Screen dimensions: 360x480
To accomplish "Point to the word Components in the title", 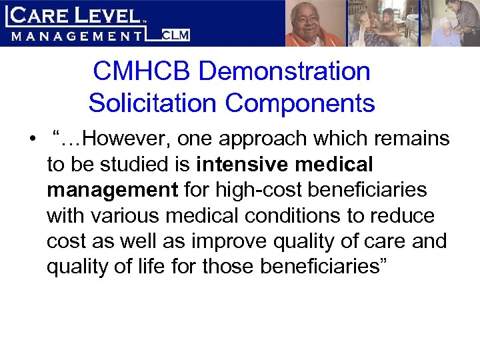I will (x=299, y=103).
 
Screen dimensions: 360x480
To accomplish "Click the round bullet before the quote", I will (x=31, y=140).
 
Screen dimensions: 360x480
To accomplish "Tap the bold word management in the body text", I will (x=112, y=189).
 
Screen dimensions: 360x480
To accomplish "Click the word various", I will (x=129, y=215).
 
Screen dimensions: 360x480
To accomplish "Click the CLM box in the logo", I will (x=177, y=35).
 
